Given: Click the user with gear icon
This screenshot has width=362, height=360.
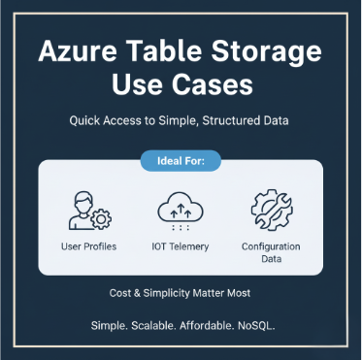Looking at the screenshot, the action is (86, 211).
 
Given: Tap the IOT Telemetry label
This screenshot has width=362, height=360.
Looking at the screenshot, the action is (181, 246).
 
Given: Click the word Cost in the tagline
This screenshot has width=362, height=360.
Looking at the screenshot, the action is (119, 292).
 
